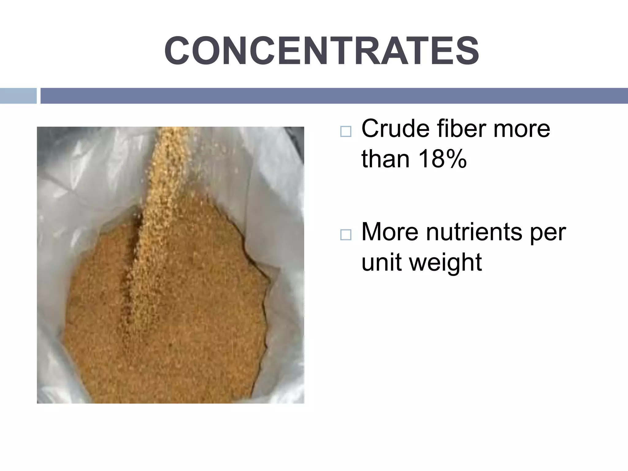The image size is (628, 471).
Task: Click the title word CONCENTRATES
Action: tap(321, 51)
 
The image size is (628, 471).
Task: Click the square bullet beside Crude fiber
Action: tap(346, 132)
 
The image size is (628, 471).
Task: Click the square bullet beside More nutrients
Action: tap(346, 235)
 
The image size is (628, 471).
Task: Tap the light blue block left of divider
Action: tap(18, 96)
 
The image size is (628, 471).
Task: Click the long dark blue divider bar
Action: tap(334, 96)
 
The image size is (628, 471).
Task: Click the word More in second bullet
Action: tap(390, 232)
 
